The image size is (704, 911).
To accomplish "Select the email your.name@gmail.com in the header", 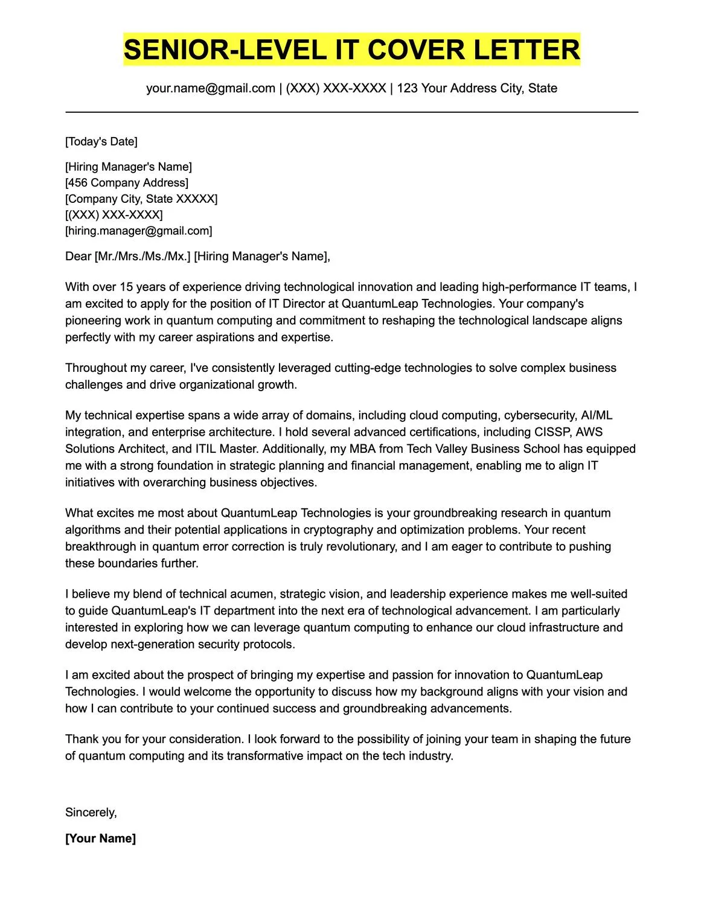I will pos(211,88).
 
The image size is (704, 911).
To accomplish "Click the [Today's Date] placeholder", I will pos(101,142).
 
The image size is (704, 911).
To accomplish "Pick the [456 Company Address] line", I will pos(127,183).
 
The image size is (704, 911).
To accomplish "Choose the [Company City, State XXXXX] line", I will pos(141,199).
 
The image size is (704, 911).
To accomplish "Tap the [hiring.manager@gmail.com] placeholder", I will pos(139,231).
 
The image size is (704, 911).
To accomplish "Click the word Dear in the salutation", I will pos(78,257).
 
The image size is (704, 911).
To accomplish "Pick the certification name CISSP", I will pos(553,432).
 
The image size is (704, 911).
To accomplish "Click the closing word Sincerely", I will pos(91,813).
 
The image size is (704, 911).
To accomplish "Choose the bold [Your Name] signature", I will pos(100,839).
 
